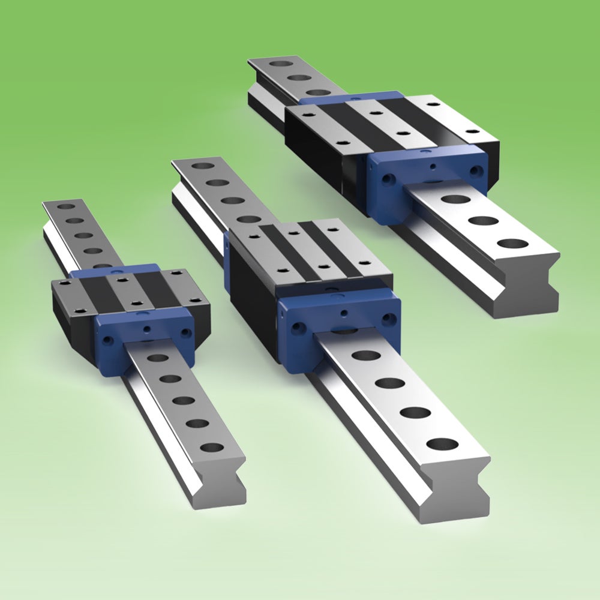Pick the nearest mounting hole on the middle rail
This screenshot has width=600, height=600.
443,445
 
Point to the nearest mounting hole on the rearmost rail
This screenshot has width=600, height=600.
512,244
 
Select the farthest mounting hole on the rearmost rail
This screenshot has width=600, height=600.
278,63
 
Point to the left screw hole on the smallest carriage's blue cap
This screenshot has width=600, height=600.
109,340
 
